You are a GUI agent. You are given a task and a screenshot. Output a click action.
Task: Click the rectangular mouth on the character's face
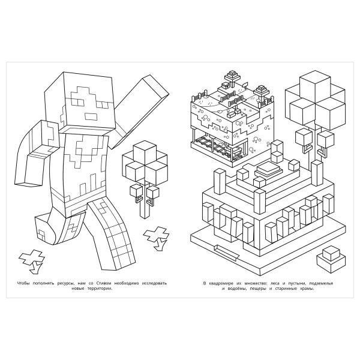92,116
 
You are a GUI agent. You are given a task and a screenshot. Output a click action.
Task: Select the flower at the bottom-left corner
32,261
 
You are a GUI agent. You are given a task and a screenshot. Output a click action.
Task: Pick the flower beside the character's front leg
157,238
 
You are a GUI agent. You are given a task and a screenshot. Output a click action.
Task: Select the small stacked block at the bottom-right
331,259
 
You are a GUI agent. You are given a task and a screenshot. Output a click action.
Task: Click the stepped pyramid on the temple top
268,170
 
